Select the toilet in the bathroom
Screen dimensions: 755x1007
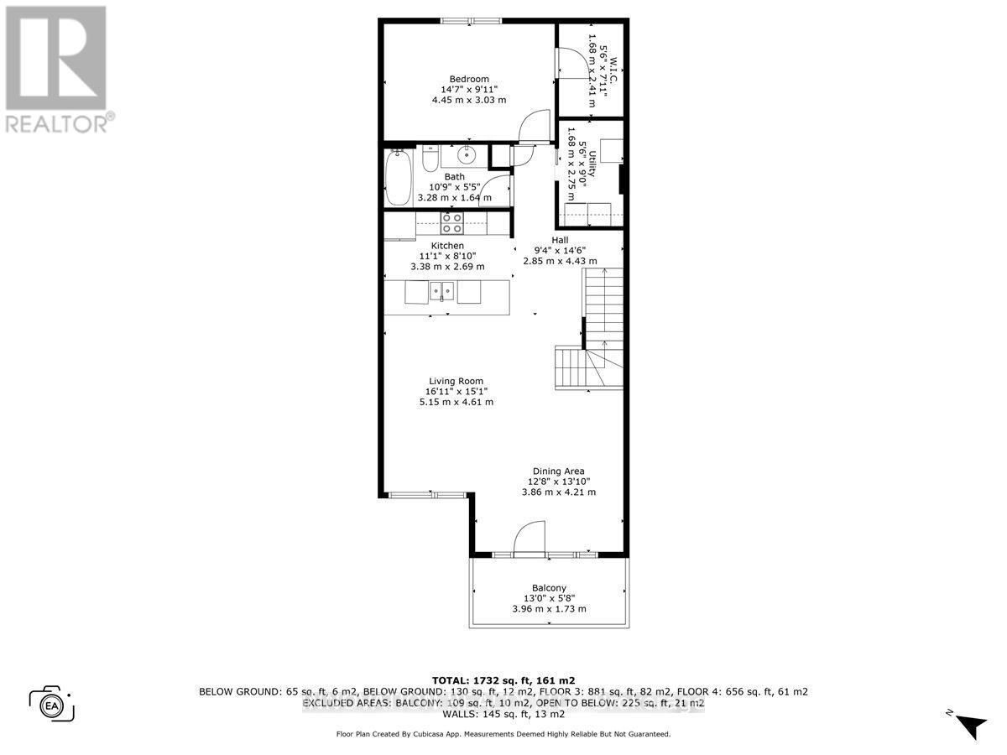tap(430, 158)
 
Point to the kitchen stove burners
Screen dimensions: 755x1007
tap(452, 223)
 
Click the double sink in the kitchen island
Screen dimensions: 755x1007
tap(441, 291)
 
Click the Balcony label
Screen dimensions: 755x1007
tap(549, 587)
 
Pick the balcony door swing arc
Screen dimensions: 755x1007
tap(529, 537)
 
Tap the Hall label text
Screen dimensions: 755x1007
tap(560, 240)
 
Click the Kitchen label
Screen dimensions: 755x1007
tap(447, 246)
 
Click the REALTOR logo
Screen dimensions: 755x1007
tap(56, 67)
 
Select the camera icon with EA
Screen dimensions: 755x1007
tap(51, 703)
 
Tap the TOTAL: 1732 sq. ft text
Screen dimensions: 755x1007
tap(503, 679)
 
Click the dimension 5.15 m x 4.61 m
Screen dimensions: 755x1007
tap(456, 402)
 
